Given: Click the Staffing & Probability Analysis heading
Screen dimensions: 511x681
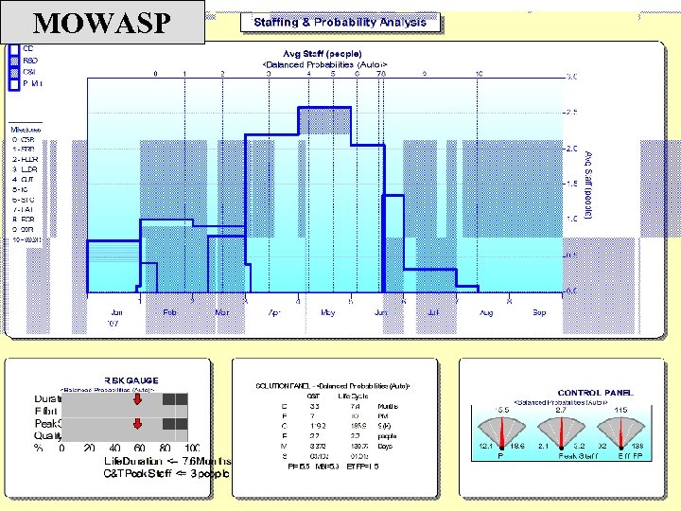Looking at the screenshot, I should click(340, 22).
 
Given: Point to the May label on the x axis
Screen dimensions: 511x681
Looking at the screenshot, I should click(327, 311).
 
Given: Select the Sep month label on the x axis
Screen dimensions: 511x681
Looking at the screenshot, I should click(538, 311).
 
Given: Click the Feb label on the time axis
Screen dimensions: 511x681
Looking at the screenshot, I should click(169, 311).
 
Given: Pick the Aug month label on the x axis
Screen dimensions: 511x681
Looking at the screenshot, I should click(486, 311).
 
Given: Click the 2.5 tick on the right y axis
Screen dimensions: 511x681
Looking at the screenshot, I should click(571, 113).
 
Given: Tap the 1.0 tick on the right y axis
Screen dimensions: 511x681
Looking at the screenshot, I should click(571, 219).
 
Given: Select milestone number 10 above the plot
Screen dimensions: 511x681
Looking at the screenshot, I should click(480, 73).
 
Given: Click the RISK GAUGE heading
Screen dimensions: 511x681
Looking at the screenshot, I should click(131, 380).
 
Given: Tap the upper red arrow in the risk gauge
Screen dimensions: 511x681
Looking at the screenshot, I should click(138, 401).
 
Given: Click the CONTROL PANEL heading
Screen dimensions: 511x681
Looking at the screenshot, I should click(596, 392).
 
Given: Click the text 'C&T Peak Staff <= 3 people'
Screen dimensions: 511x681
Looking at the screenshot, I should click(166, 472).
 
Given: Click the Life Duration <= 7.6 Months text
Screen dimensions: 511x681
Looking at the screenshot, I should click(166, 460).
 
